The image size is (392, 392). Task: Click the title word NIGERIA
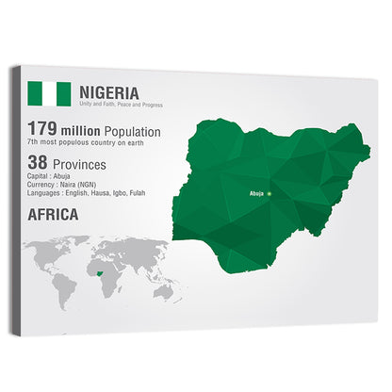tap(109, 92)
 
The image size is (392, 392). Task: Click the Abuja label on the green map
tap(255, 193)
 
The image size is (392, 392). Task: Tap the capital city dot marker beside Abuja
tap(269, 193)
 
